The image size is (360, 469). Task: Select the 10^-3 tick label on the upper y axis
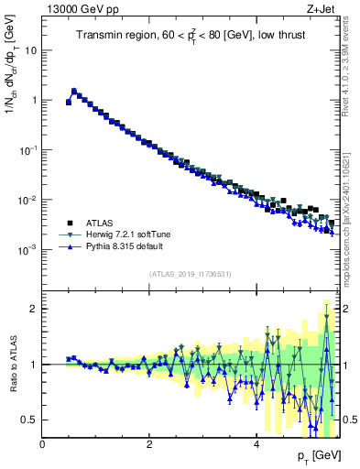point(28,249)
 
